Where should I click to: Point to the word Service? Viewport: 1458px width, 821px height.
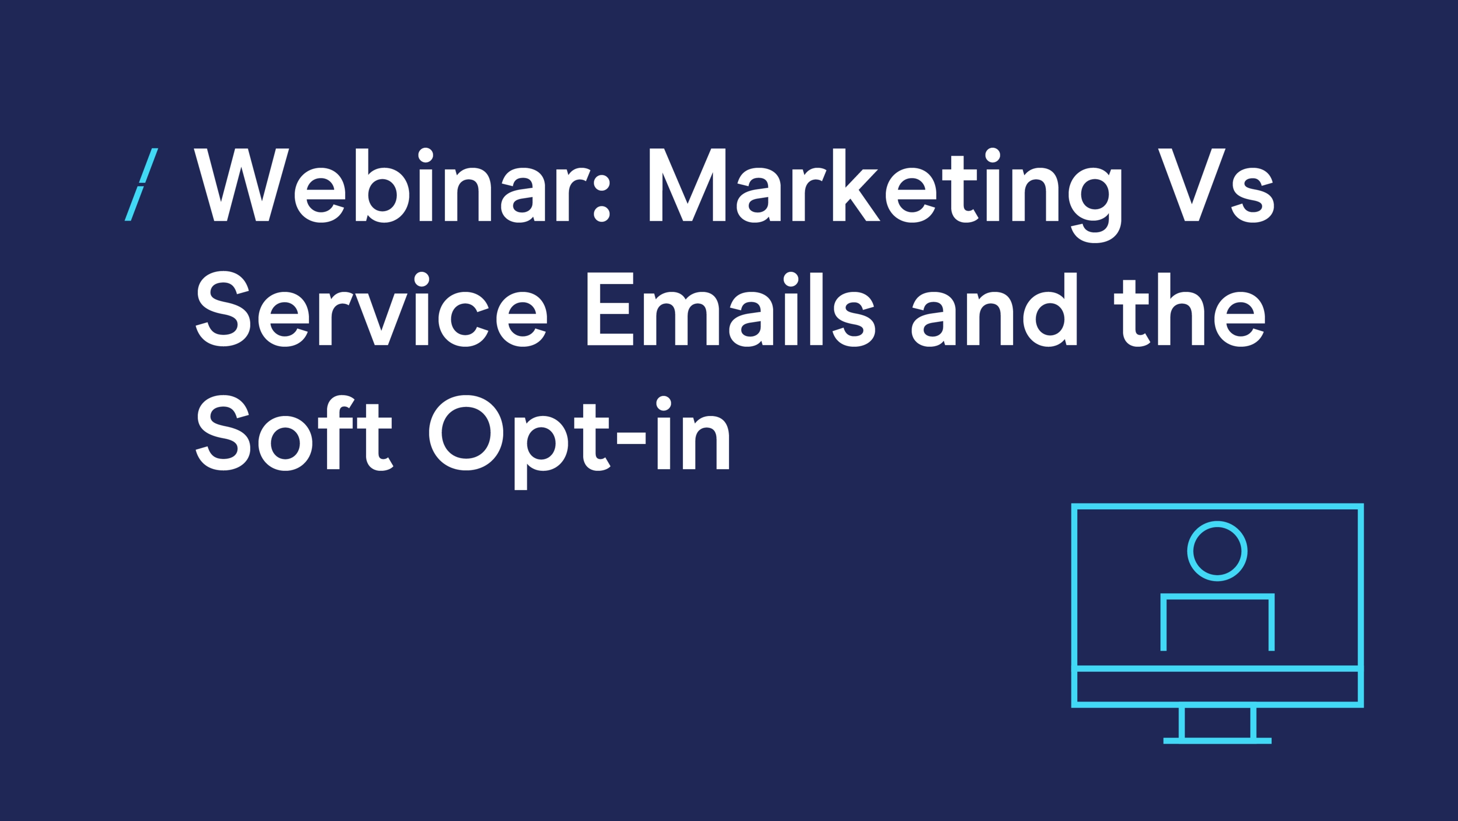click(371, 308)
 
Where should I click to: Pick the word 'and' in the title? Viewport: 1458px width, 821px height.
click(994, 309)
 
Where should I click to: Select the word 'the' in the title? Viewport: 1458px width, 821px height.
click(1190, 309)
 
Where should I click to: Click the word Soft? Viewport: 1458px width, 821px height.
click(294, 432)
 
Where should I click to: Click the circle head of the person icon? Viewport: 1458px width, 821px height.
click(1217, 551)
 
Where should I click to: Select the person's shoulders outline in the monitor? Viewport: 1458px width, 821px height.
click(1218, 596)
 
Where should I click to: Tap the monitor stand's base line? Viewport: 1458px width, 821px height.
click(1218, 741)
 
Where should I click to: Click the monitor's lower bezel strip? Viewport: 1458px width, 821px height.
click(1218, 686)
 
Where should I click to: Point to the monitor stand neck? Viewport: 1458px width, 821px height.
click(1218, 722)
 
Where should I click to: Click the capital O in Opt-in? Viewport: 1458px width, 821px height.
click(466, 433)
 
